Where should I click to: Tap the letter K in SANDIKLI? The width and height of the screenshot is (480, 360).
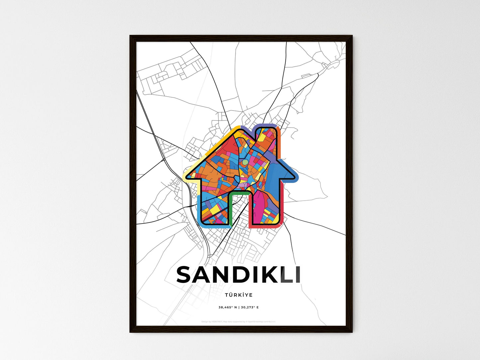[x=266, y=275]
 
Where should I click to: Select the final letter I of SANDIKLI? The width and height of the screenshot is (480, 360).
[x=298, y=275]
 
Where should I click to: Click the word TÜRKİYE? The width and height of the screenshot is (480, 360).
[x=239, y=295]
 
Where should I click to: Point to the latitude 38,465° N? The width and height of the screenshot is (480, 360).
[x=228, y=307]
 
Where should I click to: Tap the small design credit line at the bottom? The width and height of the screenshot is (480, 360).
[x=239, y=321]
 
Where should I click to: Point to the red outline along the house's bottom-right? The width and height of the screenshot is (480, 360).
[x=266, y=227]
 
